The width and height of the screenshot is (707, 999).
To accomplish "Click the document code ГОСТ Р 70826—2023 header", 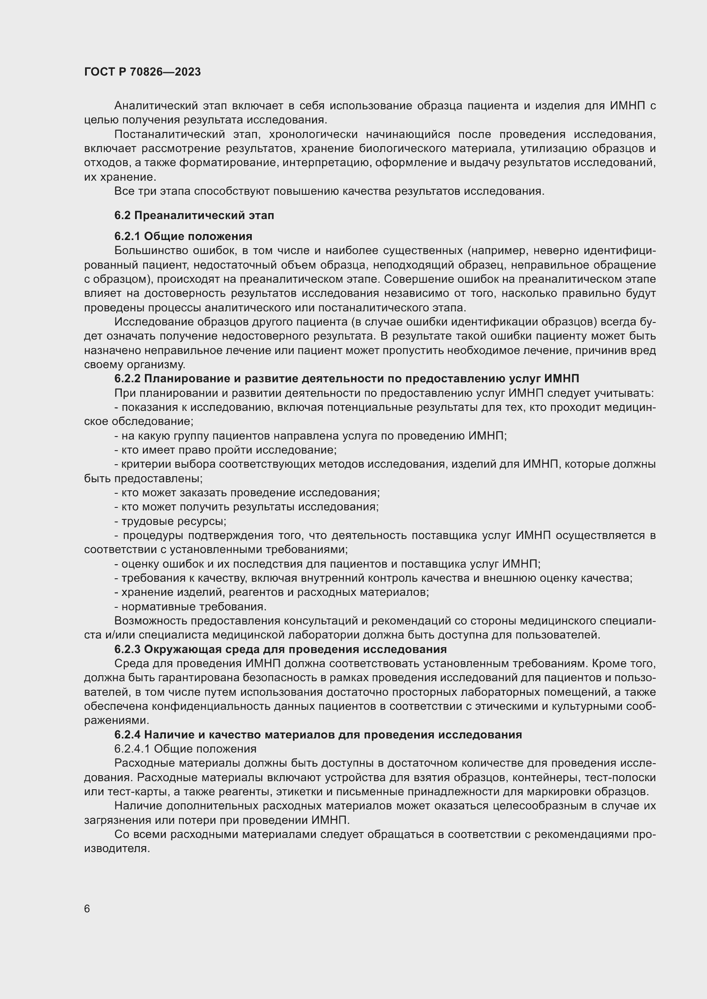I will pos(142,72).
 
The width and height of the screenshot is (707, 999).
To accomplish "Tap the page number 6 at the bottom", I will pos(87,909).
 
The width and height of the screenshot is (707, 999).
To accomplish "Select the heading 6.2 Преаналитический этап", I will pos(194,215).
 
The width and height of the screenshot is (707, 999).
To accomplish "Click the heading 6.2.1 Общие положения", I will pos(183,236).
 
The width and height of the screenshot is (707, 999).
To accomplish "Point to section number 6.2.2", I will pos(127,379).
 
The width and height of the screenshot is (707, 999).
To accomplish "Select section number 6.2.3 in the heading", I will pos(127,649).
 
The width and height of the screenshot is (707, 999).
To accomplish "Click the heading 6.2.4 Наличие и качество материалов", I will pos(318,735).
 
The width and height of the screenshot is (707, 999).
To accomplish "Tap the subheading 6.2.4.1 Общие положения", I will pos(185,749).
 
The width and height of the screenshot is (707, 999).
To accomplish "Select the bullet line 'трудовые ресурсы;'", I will pos(170,521).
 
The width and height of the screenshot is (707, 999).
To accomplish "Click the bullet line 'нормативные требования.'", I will pos(190,606).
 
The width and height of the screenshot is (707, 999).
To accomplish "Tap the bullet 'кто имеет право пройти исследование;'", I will pos(226,450).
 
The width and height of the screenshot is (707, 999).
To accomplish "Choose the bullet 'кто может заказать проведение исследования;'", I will pos(247,492).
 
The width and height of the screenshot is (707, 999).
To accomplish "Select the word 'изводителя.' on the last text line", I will pos(117,849).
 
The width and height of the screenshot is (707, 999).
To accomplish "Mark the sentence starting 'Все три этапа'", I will pos(329,191).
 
